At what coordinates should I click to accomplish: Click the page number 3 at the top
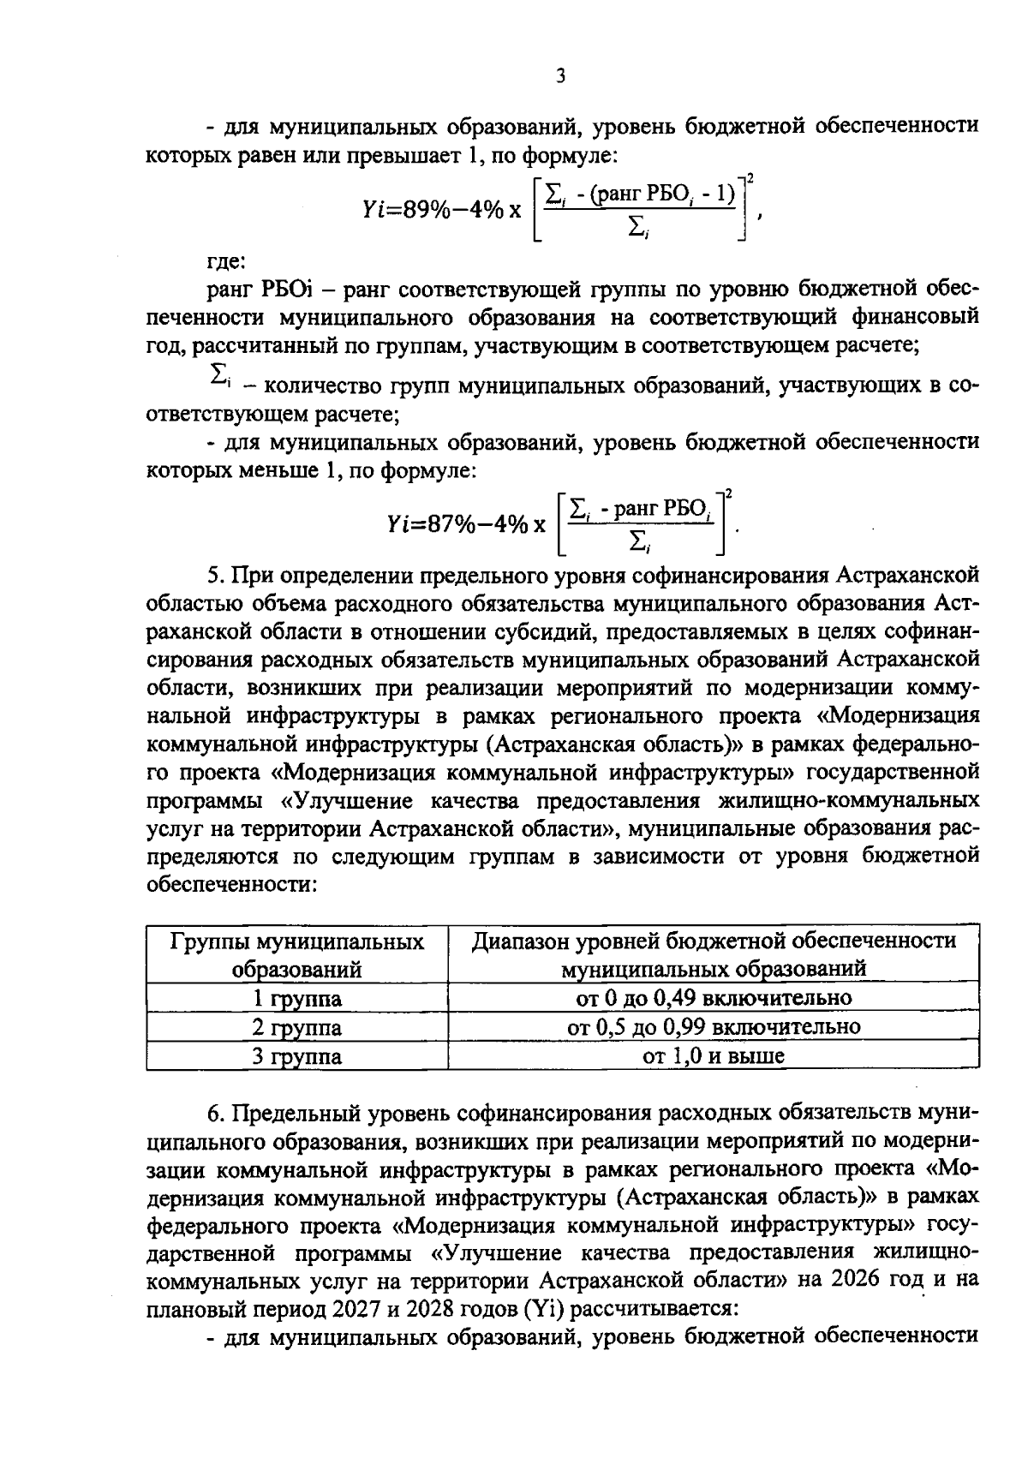pyautogui.click(x=560, y=77)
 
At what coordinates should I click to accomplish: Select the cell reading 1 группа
pyautogui.click(x=296, y=998)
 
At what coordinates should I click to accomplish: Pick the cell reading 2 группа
pyautogui.click(x=296, y=1027)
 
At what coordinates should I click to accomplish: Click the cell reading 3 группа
pyautogui.click(x=296, y=1056)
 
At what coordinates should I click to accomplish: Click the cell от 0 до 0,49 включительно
pyautogui.click(x=714, y=998)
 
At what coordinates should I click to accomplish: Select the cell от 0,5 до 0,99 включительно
pyautogui.click(x=714, y=1027)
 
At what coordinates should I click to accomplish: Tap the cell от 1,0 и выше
pyautogui.click(x=714, y=1056)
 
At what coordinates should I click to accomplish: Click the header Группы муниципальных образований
pyautogui.click(x=296, y=955)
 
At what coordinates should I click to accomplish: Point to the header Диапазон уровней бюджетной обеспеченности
pyautogui.click(x=714, y=941)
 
